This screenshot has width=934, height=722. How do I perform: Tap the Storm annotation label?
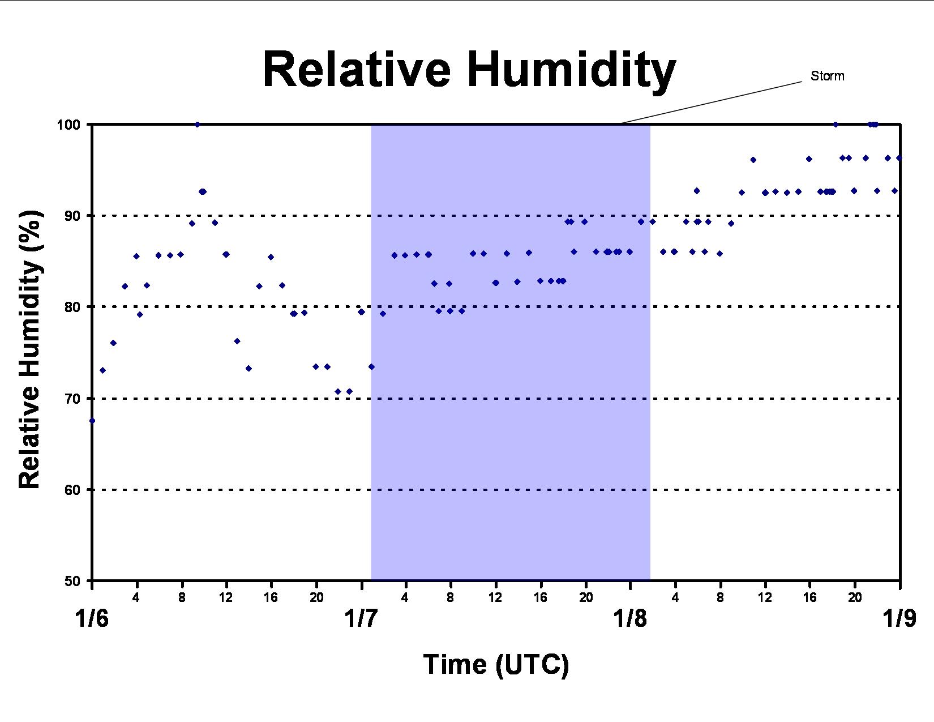click(x=828, y=76)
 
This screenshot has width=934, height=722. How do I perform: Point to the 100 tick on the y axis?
click(x=68, y=125)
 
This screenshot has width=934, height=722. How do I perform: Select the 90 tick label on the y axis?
click(x=72, y=216)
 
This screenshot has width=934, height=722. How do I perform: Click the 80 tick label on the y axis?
click(x=72, y=307)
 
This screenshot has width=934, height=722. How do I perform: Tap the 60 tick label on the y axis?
click(x=72, y=490)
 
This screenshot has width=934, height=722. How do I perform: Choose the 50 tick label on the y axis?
click(x=72, y=582)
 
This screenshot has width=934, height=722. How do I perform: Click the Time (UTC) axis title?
click(x=496, y=665)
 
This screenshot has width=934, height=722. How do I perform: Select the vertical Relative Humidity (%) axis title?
click(x=29, y=349)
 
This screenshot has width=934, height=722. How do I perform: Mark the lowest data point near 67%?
click(x=92, y=421)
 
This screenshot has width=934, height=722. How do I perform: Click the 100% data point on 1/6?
click(x=198, y=125)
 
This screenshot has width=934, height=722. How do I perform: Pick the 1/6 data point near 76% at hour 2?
click(x=113, y=343)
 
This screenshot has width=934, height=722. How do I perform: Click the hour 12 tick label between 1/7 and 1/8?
click(x=495, y=597)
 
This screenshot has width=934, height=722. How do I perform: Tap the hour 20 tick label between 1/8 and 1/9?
click(x=855, y=597)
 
